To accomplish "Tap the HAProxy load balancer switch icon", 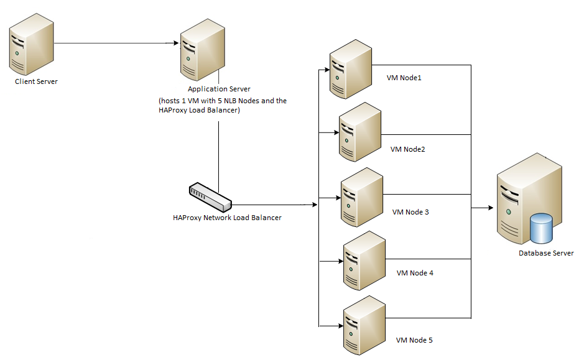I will pos(210,196).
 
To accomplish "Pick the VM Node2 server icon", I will pos(359,132).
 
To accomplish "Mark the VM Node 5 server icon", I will pos(363,325).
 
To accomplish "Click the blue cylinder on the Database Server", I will pos(540,229).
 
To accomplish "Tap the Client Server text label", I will pos(36,81).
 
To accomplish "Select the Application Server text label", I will pos(219,90).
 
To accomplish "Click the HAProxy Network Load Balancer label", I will pos(227,218).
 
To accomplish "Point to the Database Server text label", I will pos(546,253).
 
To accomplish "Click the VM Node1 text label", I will pos(404,78).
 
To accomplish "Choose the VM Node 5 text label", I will pos(414,340).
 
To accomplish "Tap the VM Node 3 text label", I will pos(410,212).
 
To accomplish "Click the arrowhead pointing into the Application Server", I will pos(175,44).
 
